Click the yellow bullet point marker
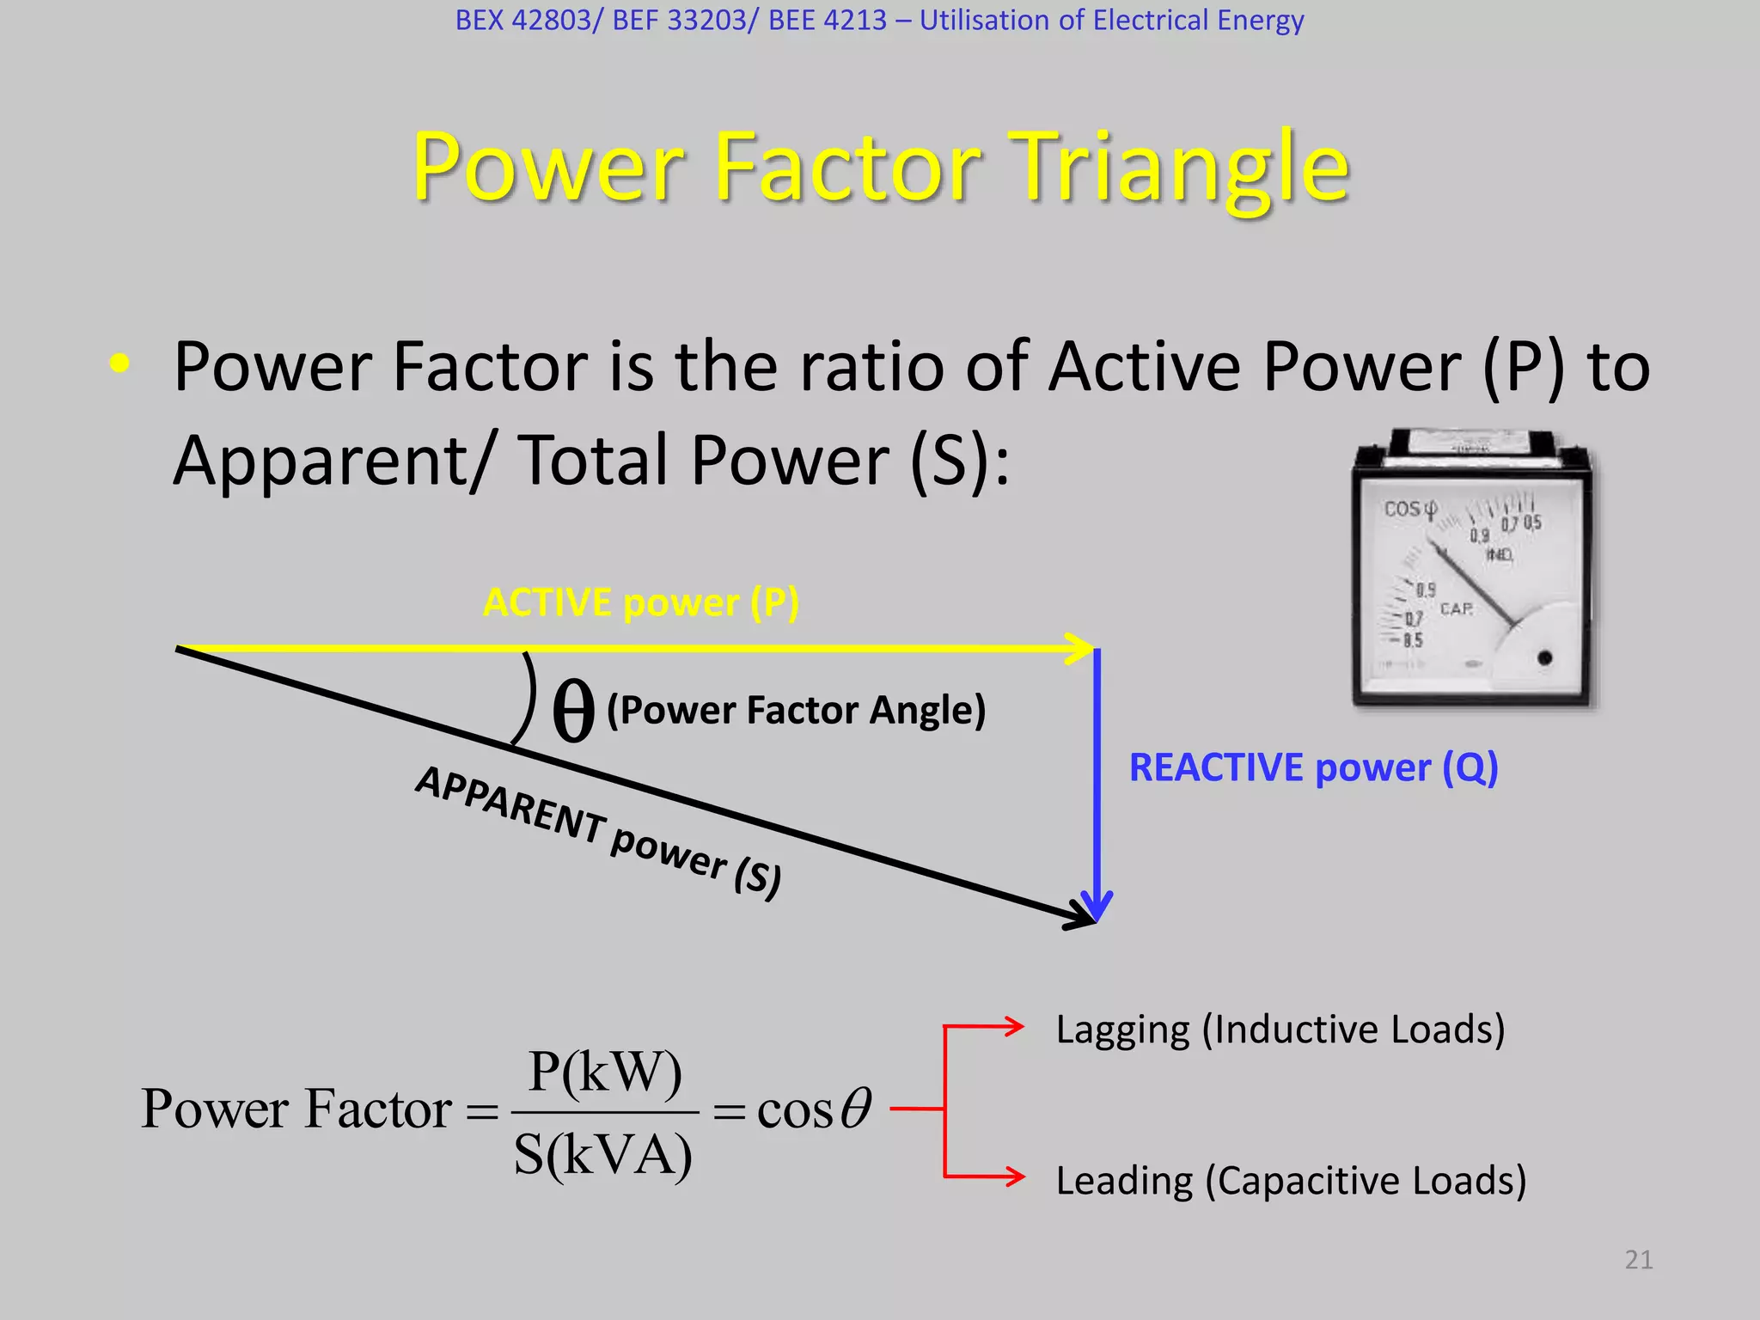click(119, 364)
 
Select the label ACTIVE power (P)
click(641, 602)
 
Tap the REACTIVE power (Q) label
click(1313, 767)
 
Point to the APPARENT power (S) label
click(599, 831)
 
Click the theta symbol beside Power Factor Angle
click(573, 711)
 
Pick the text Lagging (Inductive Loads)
click(1280, 1030)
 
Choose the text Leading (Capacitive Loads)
click(1291, 1181)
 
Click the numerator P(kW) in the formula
click(605, 1072)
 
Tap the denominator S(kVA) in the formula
click(603, 1155)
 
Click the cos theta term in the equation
click(813, 1109)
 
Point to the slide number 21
click(1638, 1260)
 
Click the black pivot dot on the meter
click(1544, 658)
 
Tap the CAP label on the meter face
click(1456, 609)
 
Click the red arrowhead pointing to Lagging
click(1014, 1025)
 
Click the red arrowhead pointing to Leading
click(1014, 1176)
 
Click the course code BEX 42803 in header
click(523, 20)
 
